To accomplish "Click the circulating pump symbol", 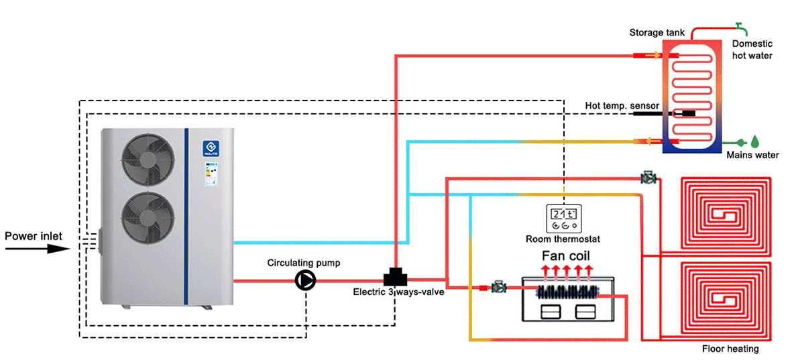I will pyautogui.click(x=305, y=280).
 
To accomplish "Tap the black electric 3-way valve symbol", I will pyautogui.click(x=394, y=277).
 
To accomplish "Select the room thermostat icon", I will pyautogui.click(x=563, y=216).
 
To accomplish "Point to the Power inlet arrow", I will pyautogui.click(x=37, y=248).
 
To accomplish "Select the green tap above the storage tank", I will pyautogui.click(x=740, y=26).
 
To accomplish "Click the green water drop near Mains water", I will pyautogui.click(x=755, y=141).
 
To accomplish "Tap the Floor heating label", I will pyautogui.click(x=730, y=349).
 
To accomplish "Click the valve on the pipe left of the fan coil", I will pyautogui.click(x=498, y=287).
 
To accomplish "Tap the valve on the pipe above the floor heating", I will pyautogui.click(x=648, y=178).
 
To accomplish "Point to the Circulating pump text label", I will pyautogui.click(x=303, y=263).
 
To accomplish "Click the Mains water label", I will pyautogui.click(x=753, y=156).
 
